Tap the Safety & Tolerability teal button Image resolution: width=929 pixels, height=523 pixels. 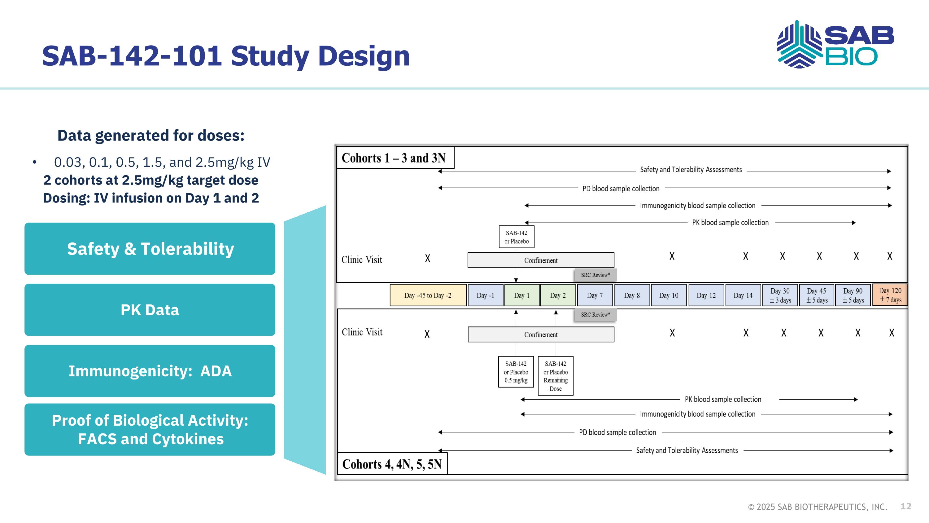click(x=150, y=249)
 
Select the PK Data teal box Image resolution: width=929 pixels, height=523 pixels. click(x=150, y=310)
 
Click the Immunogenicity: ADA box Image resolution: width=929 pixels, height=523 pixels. click(x=150, y=371)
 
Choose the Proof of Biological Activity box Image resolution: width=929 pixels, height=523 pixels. click(x=150, y=429)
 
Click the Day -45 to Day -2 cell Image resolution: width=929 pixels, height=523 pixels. click(x=428, y=295)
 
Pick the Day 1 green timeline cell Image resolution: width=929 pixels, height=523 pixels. click(x=522, y=295)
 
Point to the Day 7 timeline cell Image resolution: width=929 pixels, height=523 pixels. click(x=595, y=295)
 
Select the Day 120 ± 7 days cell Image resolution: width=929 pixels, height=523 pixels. click(x=890, y=295)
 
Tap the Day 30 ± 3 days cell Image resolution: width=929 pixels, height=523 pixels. click(x=780, y=295)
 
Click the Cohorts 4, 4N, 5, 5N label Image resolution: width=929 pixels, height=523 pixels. click(x=392, y=464)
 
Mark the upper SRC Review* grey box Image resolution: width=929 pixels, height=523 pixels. click(x=595, y=275)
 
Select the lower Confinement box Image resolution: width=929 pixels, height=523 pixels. click(x=541, y=335)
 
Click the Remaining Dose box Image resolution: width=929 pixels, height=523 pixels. click(x=555, y=376)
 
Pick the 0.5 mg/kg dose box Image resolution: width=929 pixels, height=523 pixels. click(x=516, y=372)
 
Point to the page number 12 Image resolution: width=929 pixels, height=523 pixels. click(x=905, y=506)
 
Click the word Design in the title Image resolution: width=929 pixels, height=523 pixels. click(x=364, y=56)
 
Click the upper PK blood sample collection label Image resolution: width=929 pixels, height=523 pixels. click(x=730, y=223)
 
